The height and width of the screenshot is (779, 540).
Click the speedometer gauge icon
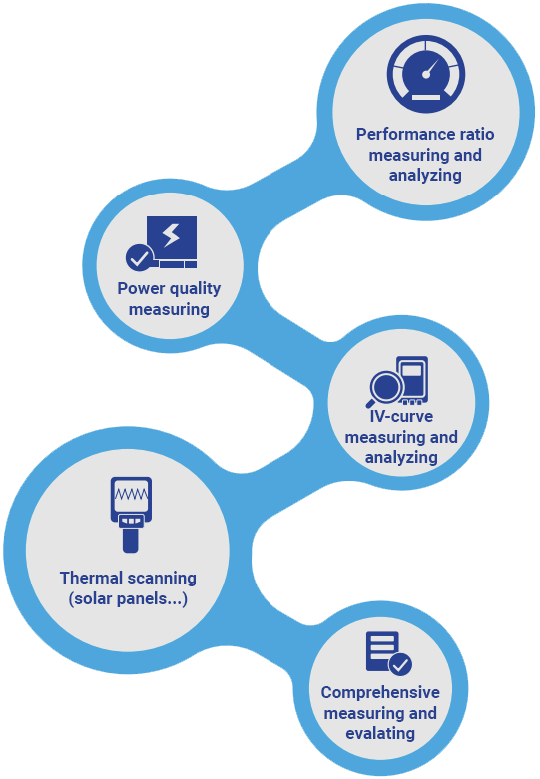(x=426, y=74)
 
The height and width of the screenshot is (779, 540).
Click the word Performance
(x=396, y=134)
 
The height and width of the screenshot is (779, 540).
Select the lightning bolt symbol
(x=171, y=236)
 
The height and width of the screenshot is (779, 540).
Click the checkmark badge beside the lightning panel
(x=139, y=258)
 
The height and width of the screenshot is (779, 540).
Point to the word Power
(x=141, y=288)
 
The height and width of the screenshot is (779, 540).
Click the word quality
(x=196, y=289)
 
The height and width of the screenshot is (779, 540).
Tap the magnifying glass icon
(x=385, y=389)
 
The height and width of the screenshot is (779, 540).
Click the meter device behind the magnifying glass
(x=412, y=380)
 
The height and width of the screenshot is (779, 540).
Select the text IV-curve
(x=401, y=416)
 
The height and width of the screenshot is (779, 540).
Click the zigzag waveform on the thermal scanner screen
(x=131, y=494)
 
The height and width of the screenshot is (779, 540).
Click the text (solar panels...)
(x=128, y=599)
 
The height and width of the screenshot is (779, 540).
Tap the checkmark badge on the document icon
(x=400, y=664)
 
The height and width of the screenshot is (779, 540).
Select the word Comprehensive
(x=380, y=692)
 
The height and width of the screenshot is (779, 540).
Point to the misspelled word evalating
(x=380, y=734)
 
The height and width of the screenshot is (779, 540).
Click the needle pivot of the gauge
(x=426, y=75)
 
